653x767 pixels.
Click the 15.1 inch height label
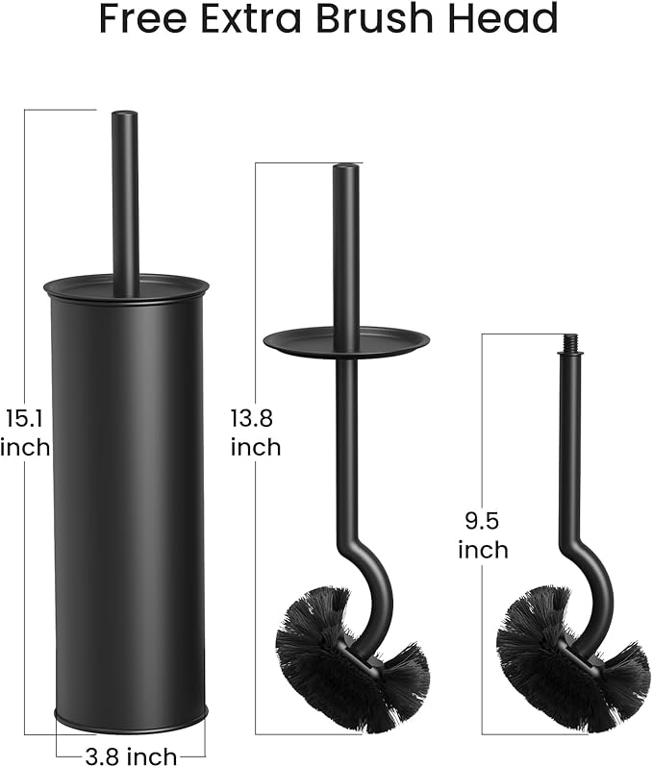25,433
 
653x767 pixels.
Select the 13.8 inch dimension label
255,433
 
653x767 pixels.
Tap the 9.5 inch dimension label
483,535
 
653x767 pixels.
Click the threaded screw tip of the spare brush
569,343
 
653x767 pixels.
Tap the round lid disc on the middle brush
346,338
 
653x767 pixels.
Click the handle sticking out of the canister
125,202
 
